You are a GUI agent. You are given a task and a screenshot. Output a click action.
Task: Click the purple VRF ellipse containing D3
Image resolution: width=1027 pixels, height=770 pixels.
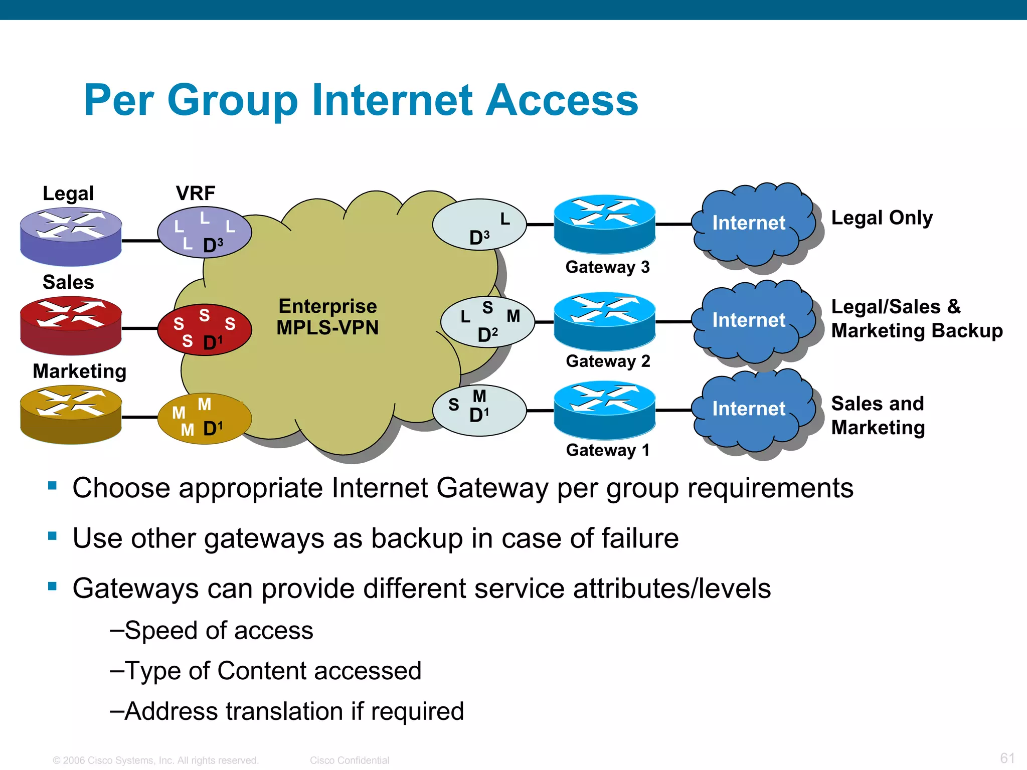click(x=205, y=232)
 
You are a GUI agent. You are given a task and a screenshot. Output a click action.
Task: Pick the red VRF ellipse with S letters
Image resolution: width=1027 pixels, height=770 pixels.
click(x=205, y=329)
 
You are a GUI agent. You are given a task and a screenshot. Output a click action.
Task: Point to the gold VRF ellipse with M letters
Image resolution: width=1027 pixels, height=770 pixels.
click(x=205, y=418)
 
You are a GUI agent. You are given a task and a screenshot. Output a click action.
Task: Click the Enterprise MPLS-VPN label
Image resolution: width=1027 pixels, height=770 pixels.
click(x=328, y=317)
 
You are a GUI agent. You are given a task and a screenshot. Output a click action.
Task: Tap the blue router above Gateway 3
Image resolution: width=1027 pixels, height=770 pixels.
click(x=604, y=224)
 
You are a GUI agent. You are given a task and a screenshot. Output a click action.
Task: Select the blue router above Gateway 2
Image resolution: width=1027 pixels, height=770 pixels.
click(x=604, y=321)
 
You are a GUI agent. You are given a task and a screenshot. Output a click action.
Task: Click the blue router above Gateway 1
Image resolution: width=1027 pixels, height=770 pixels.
click(x=604, y=410)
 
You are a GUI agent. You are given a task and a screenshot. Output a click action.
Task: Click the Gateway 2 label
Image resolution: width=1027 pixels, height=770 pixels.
click(x=608, y=361)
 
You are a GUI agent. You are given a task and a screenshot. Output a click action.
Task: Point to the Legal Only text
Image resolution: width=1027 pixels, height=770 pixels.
click(x=882, y=218)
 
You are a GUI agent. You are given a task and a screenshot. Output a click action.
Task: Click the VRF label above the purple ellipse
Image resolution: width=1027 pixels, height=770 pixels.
click(x=196, y=193)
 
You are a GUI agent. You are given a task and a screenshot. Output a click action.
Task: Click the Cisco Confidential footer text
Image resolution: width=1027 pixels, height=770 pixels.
click(x=350, y=760)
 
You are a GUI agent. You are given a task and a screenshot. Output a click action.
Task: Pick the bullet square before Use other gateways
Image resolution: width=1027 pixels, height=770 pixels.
click(x=52, y=536)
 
